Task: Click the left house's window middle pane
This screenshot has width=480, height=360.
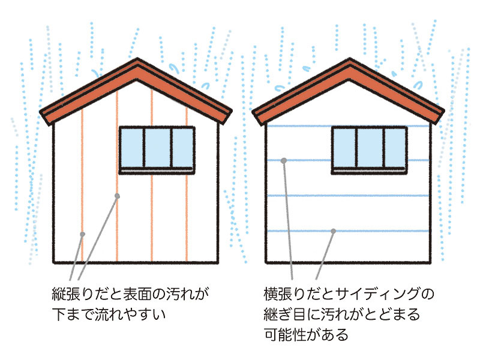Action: tap(157, 148)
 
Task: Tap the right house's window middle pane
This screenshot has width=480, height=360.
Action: tap(370, 148)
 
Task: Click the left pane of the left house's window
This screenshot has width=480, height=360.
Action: tap(131, 148)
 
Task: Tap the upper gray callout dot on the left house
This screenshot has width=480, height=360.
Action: tap(117, 196)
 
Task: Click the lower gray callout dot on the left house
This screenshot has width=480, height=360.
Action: tap(82, 233)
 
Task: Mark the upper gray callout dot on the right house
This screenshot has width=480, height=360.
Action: tap(283, 160)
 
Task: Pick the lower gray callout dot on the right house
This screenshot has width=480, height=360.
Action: tap(333, 231)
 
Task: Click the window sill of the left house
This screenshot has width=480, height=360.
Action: tap(157, 172)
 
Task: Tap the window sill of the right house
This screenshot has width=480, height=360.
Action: tap(370, 172)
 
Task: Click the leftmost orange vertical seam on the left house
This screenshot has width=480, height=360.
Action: tap(82, 180)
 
